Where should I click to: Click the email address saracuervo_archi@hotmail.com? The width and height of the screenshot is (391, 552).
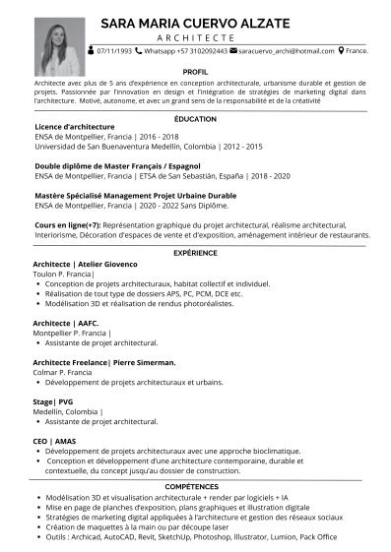[287, 49]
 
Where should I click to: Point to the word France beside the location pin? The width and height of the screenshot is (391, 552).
[358, 49]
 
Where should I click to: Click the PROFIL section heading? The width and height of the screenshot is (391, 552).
[195, 72]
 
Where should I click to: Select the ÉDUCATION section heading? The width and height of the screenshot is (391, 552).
[195, 117]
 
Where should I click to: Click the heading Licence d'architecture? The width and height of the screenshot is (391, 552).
[75, 127]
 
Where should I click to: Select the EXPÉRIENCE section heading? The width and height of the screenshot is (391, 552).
[195, 254]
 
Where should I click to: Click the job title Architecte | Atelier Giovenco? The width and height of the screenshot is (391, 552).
[85, 265]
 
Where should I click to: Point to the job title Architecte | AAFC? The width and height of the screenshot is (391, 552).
[65, 323]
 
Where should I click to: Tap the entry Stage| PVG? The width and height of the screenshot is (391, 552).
[53, 401]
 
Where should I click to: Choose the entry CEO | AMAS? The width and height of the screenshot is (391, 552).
[54, 440]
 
